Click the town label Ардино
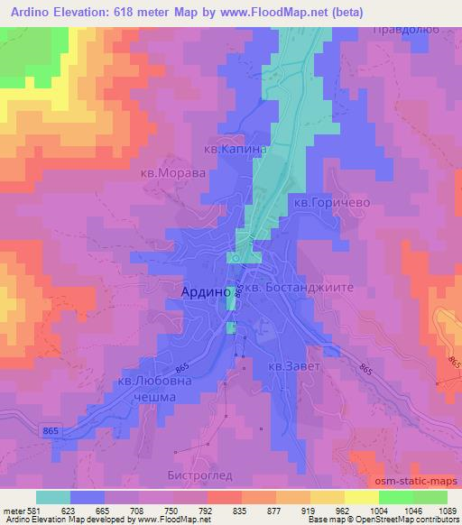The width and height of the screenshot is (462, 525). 199,292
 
